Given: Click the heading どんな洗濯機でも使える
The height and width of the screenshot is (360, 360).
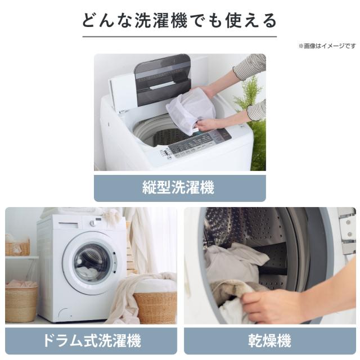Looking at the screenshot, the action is point(179,21).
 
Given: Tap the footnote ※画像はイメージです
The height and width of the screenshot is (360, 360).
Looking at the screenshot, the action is point(327,46).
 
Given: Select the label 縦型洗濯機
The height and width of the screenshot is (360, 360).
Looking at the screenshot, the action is point(178,187).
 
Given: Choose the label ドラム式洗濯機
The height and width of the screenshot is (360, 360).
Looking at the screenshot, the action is point(91,341).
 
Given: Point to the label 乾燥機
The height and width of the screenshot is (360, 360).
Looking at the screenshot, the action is point(269,341).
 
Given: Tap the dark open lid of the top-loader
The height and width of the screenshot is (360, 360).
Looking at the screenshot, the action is point(163,79).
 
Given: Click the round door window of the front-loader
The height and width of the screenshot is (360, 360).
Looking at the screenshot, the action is point(92,263).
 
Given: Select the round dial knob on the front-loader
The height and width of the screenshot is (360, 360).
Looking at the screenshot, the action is point(93,223).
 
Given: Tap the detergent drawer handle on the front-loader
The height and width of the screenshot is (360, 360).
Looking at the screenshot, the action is point(68,223).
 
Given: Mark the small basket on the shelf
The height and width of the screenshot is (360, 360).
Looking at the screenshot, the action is point(17,248).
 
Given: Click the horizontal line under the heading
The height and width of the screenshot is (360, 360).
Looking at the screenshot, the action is point(179,37).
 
